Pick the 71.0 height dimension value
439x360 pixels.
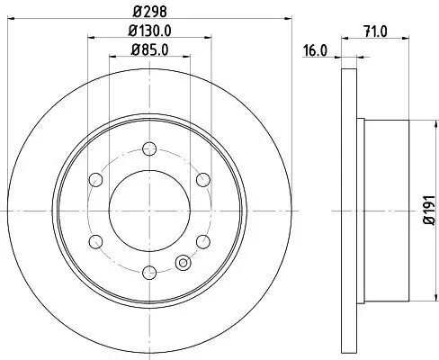[374, 32]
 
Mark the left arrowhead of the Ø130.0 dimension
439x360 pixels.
[90, 38]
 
